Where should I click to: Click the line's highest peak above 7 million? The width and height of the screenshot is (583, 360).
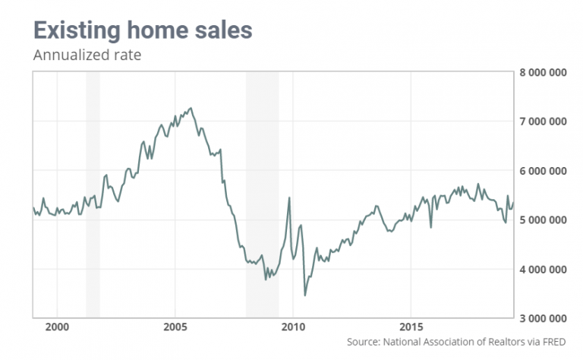[x=191, y=108]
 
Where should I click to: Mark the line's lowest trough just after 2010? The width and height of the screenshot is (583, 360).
[x=305, y=295]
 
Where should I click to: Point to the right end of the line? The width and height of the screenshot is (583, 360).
[x=512, y=203]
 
